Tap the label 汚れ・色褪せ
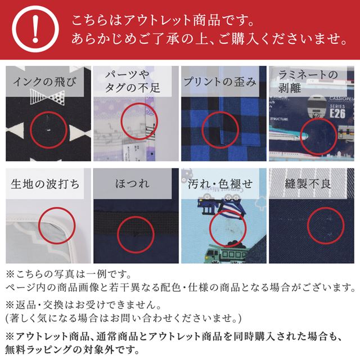pos(220,184)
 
